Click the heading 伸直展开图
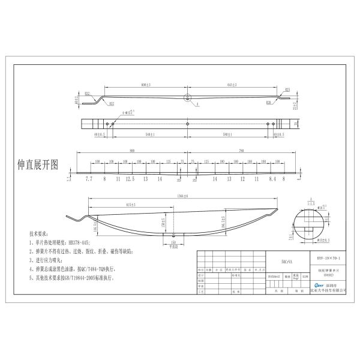(38, 164)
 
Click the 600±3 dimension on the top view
(144, 85)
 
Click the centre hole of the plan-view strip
(188, 124)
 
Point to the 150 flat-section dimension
(173, 242)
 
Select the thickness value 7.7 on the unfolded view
(89, 179)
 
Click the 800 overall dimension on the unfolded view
(131, 151)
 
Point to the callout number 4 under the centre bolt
(197, 104)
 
